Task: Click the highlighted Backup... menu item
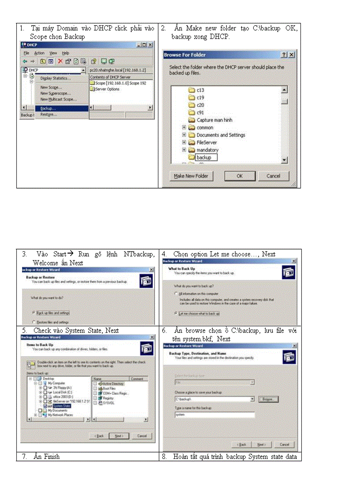point(49,108)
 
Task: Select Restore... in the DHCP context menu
point(49,115)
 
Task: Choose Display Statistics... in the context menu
point(56,78)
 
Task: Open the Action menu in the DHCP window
point(39,53)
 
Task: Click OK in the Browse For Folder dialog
point(240,176)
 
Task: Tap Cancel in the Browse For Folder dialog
point(273,176)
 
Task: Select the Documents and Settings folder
point(221,135)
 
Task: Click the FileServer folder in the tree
point(207,143)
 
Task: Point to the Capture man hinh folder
point(214,120)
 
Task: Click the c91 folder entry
point(200,112)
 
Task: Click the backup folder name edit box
point(206,157)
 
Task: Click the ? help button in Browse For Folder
point(284,55)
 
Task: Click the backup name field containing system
point(214,415)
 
